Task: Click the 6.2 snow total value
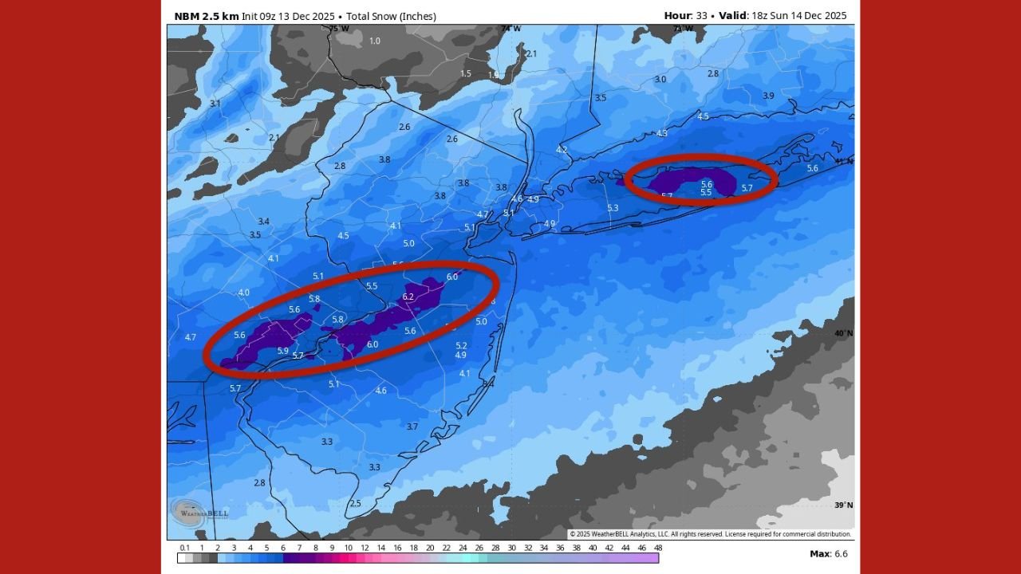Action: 408,297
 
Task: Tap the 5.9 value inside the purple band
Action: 282,351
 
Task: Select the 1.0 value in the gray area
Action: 375,41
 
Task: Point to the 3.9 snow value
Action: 768,96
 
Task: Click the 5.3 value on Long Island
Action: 613,208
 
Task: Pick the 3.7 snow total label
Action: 412,427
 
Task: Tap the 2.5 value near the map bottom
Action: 355,503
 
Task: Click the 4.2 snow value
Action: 562,150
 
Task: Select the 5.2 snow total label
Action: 461,345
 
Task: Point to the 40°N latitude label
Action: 843,333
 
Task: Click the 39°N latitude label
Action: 843,505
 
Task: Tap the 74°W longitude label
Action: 511,29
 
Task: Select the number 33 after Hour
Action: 701,16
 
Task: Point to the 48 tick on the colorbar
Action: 658,548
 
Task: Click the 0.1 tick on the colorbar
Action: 185,548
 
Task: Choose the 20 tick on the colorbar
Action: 430,548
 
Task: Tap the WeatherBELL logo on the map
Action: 190,512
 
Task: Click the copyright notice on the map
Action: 710,534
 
